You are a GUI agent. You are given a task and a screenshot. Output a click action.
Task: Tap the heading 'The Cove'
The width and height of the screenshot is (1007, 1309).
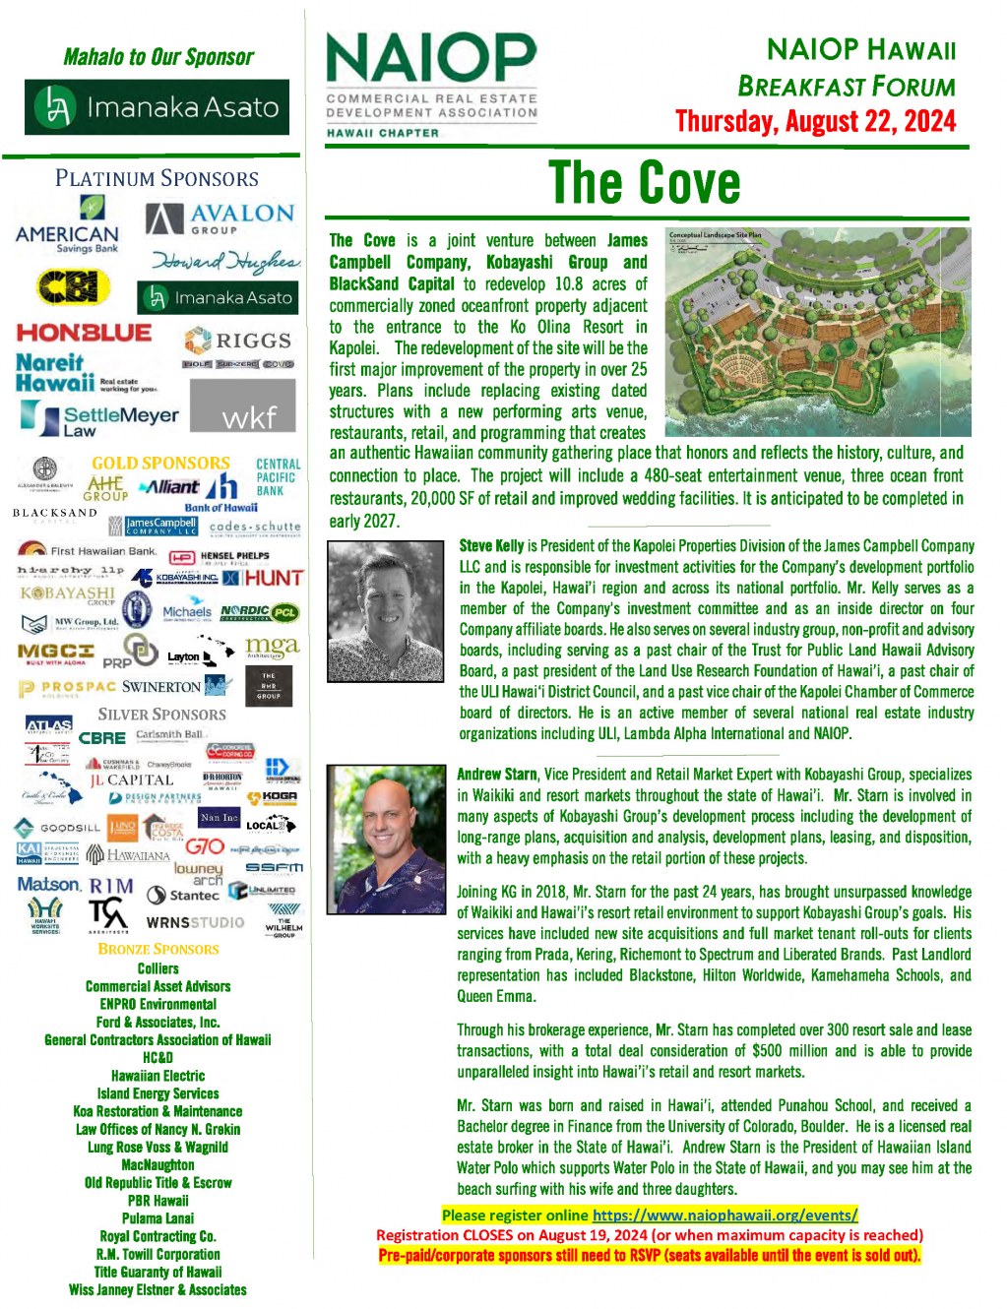click(645, 183)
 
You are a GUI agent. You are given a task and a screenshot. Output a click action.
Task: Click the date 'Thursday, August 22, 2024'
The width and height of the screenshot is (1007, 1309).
click(815, 121)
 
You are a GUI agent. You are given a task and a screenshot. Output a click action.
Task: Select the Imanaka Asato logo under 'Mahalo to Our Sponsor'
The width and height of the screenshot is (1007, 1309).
click(157, 107)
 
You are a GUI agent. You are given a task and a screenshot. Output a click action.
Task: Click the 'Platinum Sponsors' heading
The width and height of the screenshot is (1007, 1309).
click(157, 178)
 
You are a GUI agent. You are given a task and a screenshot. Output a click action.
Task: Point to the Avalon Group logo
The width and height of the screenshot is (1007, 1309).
click(220, 218)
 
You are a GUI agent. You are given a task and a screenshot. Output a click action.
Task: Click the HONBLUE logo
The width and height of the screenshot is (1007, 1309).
click(84, 333)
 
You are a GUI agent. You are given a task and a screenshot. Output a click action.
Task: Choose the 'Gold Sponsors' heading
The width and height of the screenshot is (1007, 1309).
click(160, 463)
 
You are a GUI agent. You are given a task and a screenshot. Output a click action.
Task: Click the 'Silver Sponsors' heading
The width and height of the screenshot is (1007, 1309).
click(161, 715)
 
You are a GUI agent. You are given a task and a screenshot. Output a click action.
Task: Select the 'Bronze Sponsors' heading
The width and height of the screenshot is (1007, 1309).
click(158, 949)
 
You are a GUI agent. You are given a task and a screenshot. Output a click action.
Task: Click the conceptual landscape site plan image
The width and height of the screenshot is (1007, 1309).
click(817, 332)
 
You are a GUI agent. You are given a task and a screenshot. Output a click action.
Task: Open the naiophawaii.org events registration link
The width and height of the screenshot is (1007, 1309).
click(724, 1215)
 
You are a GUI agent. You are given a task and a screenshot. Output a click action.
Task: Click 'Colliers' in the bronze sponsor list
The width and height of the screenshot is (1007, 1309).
click(158, 968)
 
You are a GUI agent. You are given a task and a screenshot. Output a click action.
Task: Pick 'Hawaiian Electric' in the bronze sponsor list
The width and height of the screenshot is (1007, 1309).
click(158, 1076)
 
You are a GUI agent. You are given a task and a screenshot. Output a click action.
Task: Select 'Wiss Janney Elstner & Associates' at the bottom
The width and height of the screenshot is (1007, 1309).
click(158, 1289)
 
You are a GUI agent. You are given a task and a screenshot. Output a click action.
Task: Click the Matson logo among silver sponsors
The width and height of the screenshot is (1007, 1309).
click(47, 884)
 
